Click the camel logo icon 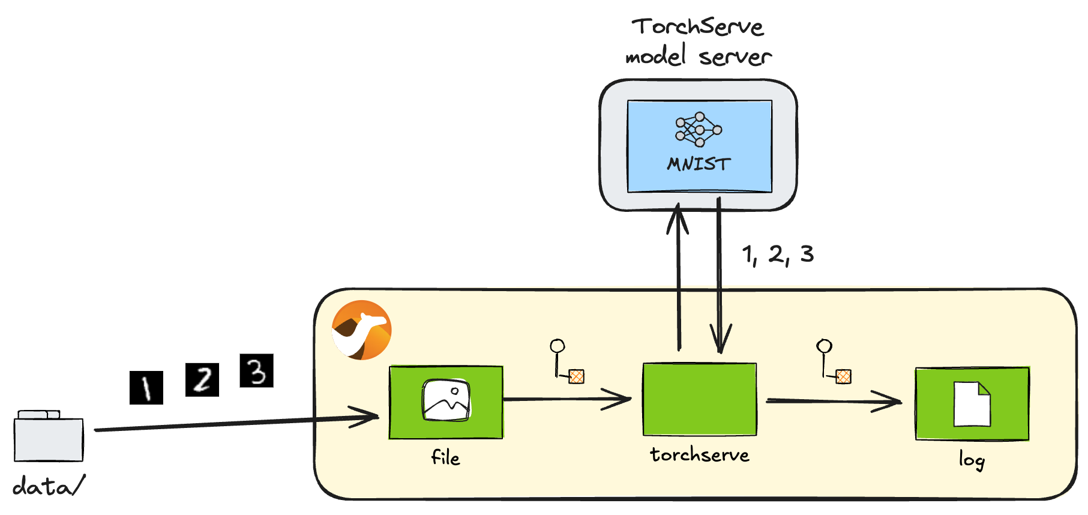click(x=361, y=330)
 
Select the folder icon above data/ click(x=48, y=436)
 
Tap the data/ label click(x=48, y=486)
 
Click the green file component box click(x=446, y=402)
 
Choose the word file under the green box click(x=446, y=458)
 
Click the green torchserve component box click(x=699, y=399)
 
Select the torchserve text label click(x=700, y=455)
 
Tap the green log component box click(x=972, y=403)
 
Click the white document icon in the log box click(x=972, y=404)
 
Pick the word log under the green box click(x=972, y=460)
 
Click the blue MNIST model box click(x=699, y=146)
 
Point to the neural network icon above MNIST click(x=699, y=129)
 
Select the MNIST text click(x=699, y=164)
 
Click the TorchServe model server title click(x=698, y=41)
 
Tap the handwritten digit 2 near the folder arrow click(x=203, y=379)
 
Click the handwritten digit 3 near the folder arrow click(x=257, y=372)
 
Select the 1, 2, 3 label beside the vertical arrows click(x=778, y=254)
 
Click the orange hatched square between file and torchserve click(x=576, y=376)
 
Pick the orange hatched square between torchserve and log click(x=843, y=376)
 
